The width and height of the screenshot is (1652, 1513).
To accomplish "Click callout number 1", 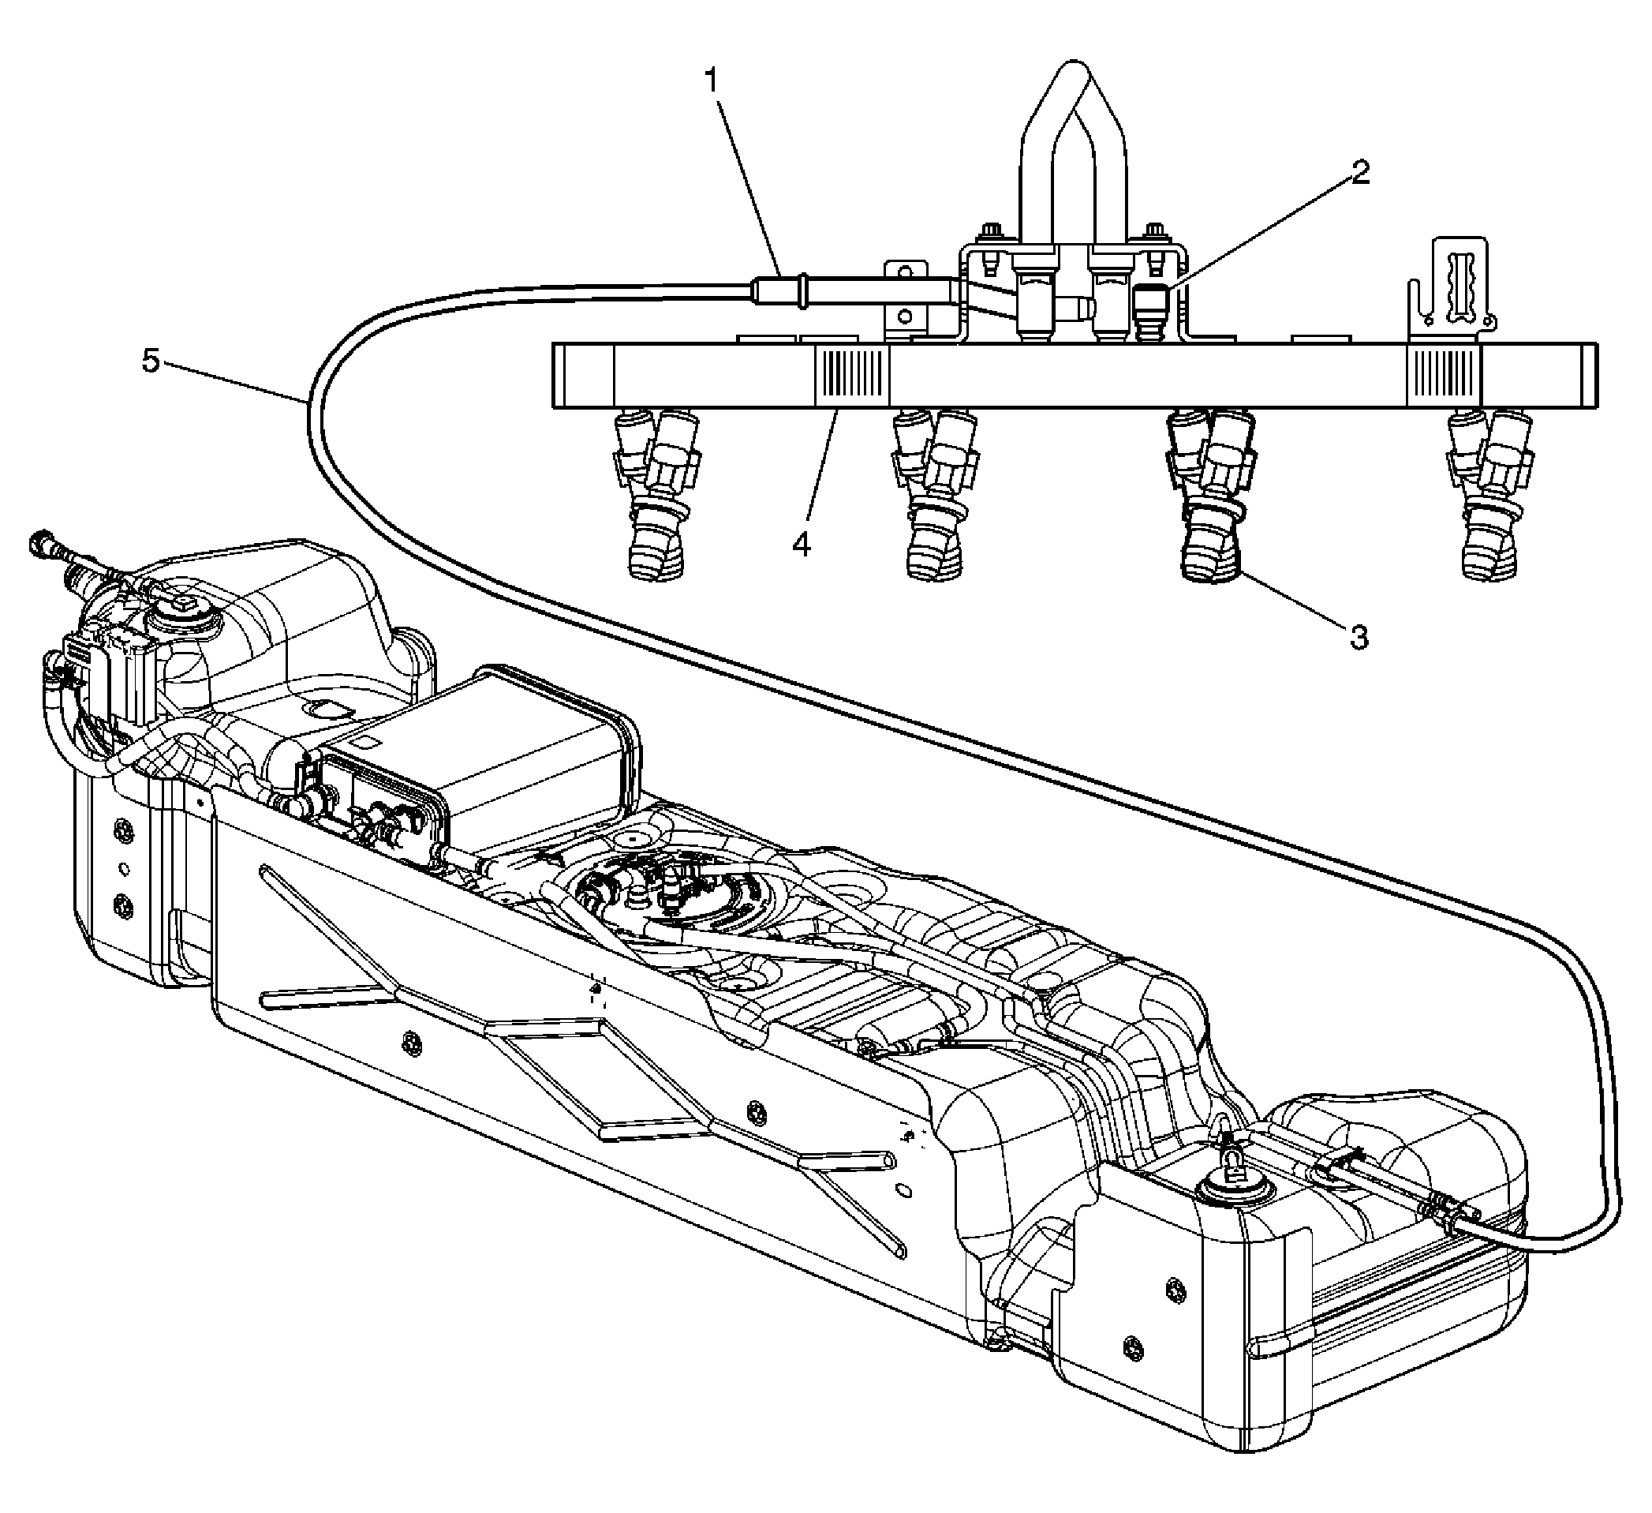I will pos(712,81).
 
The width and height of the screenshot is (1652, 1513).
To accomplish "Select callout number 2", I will pos(1359,173).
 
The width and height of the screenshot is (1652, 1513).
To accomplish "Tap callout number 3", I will pos(1359,636).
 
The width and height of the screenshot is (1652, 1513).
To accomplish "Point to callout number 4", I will pos(802,542).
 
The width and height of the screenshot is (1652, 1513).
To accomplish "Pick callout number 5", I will pos(151,361).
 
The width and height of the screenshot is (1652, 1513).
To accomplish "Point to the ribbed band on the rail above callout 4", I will pos(851,375).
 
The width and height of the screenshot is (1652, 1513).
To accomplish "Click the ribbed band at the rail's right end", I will pos(1444,375).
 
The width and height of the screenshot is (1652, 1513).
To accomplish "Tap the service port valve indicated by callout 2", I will pos(1151,307).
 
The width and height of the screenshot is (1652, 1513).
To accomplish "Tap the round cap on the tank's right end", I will pos(1227,1189).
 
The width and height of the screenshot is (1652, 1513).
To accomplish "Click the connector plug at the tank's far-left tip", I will pos(40,541).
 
